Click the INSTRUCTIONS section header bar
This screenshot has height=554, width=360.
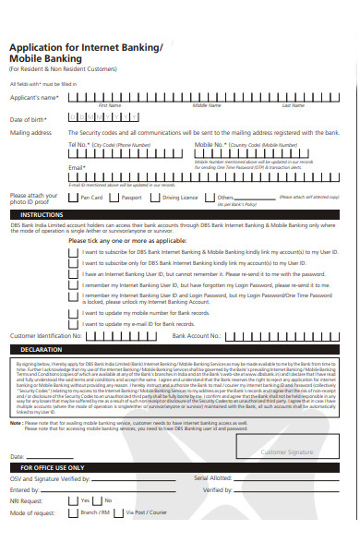pyautogui.click(x=180, y=214)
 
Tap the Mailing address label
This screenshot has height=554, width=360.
pyautogui.click(x=30, y=133)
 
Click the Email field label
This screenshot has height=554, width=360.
pyautogui.click(x=77, y=168)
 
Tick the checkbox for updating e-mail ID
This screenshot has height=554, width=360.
pyautogui.click(x=73, y=325)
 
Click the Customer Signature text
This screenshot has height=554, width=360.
pyautogui.click(x=287, y=452)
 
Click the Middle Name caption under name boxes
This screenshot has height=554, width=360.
pyautogui.click(x=207, y=106)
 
